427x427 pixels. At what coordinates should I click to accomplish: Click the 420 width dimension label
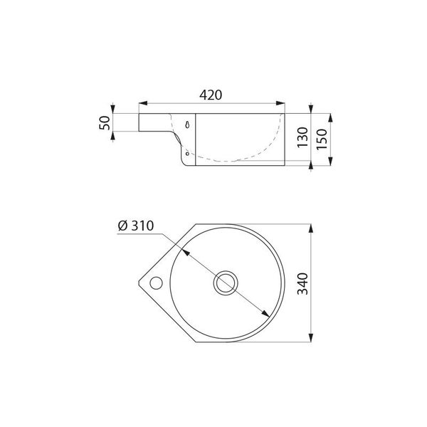coord(211,95)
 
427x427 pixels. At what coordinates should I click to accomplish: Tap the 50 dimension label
coord(105,123)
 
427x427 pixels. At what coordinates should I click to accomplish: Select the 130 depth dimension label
coord(302,137)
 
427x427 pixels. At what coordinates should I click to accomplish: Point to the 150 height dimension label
coord(322,139)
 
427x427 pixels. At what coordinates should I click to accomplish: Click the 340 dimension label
coord(302,284)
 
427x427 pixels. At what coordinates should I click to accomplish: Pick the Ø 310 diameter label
coord(136,226)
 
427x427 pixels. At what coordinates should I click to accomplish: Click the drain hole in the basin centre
coord(226,283)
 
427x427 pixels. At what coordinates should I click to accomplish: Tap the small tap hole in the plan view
coord(157,283)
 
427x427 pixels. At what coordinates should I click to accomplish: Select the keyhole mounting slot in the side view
coord(187,125)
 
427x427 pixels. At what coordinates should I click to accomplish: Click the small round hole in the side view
coord(187,154)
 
